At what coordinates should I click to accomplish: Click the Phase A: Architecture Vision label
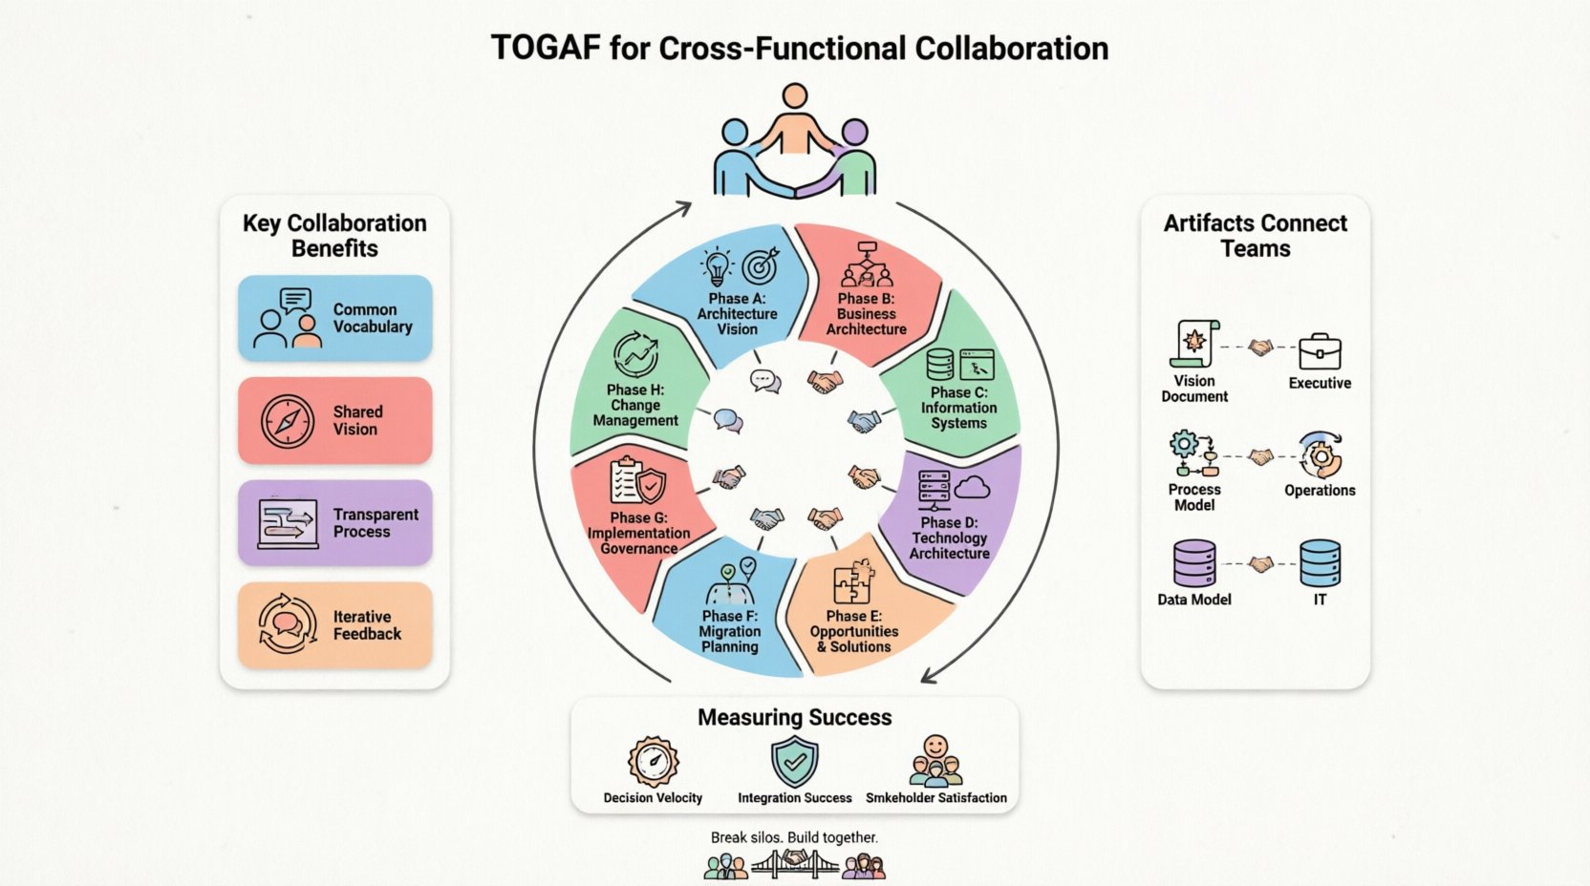[737, 314]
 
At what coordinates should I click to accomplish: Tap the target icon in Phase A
[760, 266]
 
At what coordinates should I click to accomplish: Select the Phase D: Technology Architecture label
[949, 538]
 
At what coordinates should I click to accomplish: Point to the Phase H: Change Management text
[635, 405]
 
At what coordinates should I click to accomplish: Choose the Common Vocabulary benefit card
[334, 318]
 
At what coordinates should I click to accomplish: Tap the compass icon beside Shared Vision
[287, 421]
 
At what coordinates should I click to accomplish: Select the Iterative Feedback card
[334, 625]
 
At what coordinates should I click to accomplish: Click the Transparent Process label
[375, 523]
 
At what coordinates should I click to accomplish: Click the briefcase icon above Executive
[1320, 351]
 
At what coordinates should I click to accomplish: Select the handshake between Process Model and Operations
[1261, 458]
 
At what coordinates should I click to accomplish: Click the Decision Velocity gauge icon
[653, 762]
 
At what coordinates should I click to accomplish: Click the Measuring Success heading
[794, 718]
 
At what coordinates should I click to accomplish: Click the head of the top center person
[794, 95]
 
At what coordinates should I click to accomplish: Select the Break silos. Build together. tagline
[794, 837]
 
